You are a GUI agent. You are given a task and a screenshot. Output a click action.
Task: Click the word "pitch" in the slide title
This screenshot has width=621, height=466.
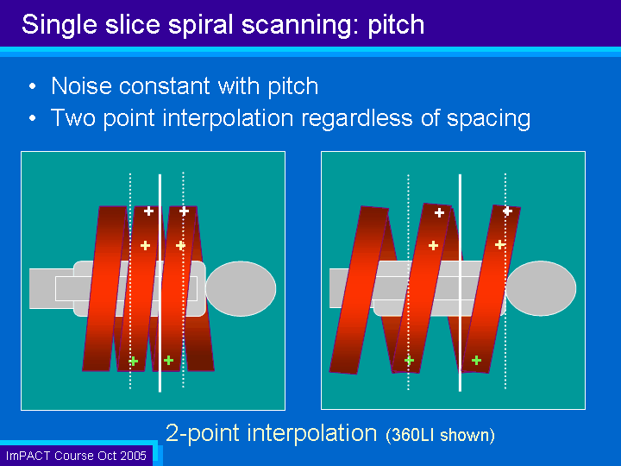[x=396, y=25]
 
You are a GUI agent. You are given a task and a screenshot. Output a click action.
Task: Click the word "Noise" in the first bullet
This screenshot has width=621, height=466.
[x=81, y=86]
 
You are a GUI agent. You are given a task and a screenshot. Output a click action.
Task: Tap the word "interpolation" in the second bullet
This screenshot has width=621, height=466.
[x=228, y=118]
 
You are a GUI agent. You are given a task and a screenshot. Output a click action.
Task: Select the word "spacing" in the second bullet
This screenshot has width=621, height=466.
[x=489, y=119]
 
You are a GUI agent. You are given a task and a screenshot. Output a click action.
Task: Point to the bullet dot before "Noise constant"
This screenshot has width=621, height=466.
[x=33, y=86]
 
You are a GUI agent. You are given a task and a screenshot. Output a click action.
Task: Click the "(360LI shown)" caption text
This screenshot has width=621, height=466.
[x=441, y=435]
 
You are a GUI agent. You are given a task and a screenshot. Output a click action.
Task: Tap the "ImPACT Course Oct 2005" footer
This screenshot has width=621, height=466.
[x=76, y=456]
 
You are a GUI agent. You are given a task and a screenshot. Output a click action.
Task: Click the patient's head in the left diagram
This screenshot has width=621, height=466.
[x=241, y=288]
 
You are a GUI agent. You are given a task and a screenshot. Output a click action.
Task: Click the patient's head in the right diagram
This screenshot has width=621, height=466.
[x=541, y=288]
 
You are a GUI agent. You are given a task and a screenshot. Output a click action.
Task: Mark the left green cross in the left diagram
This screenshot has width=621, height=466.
[x=134, y=361]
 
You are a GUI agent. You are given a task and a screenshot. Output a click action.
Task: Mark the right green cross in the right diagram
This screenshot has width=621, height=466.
[x=476, y=360]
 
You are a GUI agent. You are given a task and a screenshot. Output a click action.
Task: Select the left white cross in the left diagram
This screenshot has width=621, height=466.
[x=148, y=211]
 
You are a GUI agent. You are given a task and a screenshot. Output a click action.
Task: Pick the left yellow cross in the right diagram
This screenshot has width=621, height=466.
[x=433, y=246]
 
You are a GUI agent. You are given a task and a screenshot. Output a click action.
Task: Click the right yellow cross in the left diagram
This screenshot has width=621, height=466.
[x=180, y=246]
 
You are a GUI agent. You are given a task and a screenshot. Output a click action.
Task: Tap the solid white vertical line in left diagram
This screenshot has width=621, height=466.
[x=160, y=283]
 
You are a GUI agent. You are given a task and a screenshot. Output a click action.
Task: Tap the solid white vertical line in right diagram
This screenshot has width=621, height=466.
[x=461, y=283]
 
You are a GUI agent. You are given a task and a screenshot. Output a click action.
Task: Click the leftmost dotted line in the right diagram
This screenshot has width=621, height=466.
[x=408, y=282]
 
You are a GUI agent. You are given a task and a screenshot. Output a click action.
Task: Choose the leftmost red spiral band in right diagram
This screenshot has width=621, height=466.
[x=359, y=290]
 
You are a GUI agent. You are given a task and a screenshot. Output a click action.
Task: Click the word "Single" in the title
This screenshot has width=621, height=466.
[x=60, y=24]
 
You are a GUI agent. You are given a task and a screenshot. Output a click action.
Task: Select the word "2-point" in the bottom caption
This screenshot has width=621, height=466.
[x=203, y=433]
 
